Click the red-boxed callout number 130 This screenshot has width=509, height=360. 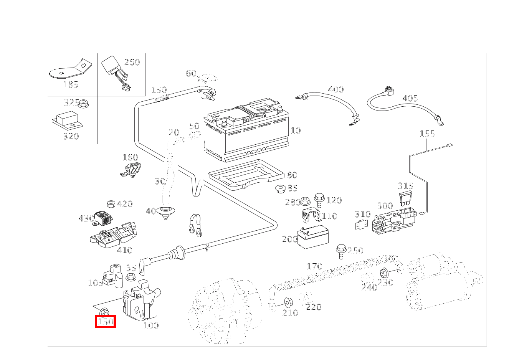[x=105, y=322]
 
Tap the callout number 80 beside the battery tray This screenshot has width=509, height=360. [x=292, y=175]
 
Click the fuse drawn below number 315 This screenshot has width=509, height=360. [x=405, y=198]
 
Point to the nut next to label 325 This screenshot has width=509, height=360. [x=84, y=104]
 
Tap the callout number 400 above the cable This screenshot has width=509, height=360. [x=335, y=90]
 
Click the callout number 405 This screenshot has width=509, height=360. [x=410, y=99]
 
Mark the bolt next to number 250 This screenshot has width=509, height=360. [x=340, y=249]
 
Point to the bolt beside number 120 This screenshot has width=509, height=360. [x=319, y=198]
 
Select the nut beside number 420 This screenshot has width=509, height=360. [x=111, y=203]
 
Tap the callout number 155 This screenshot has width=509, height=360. [x=427, y=134]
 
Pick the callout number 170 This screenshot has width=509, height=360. [x=314, y=266]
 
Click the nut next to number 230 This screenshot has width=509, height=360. [x=383, y=273]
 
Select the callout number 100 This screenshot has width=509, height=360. [x=151, y=325]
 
